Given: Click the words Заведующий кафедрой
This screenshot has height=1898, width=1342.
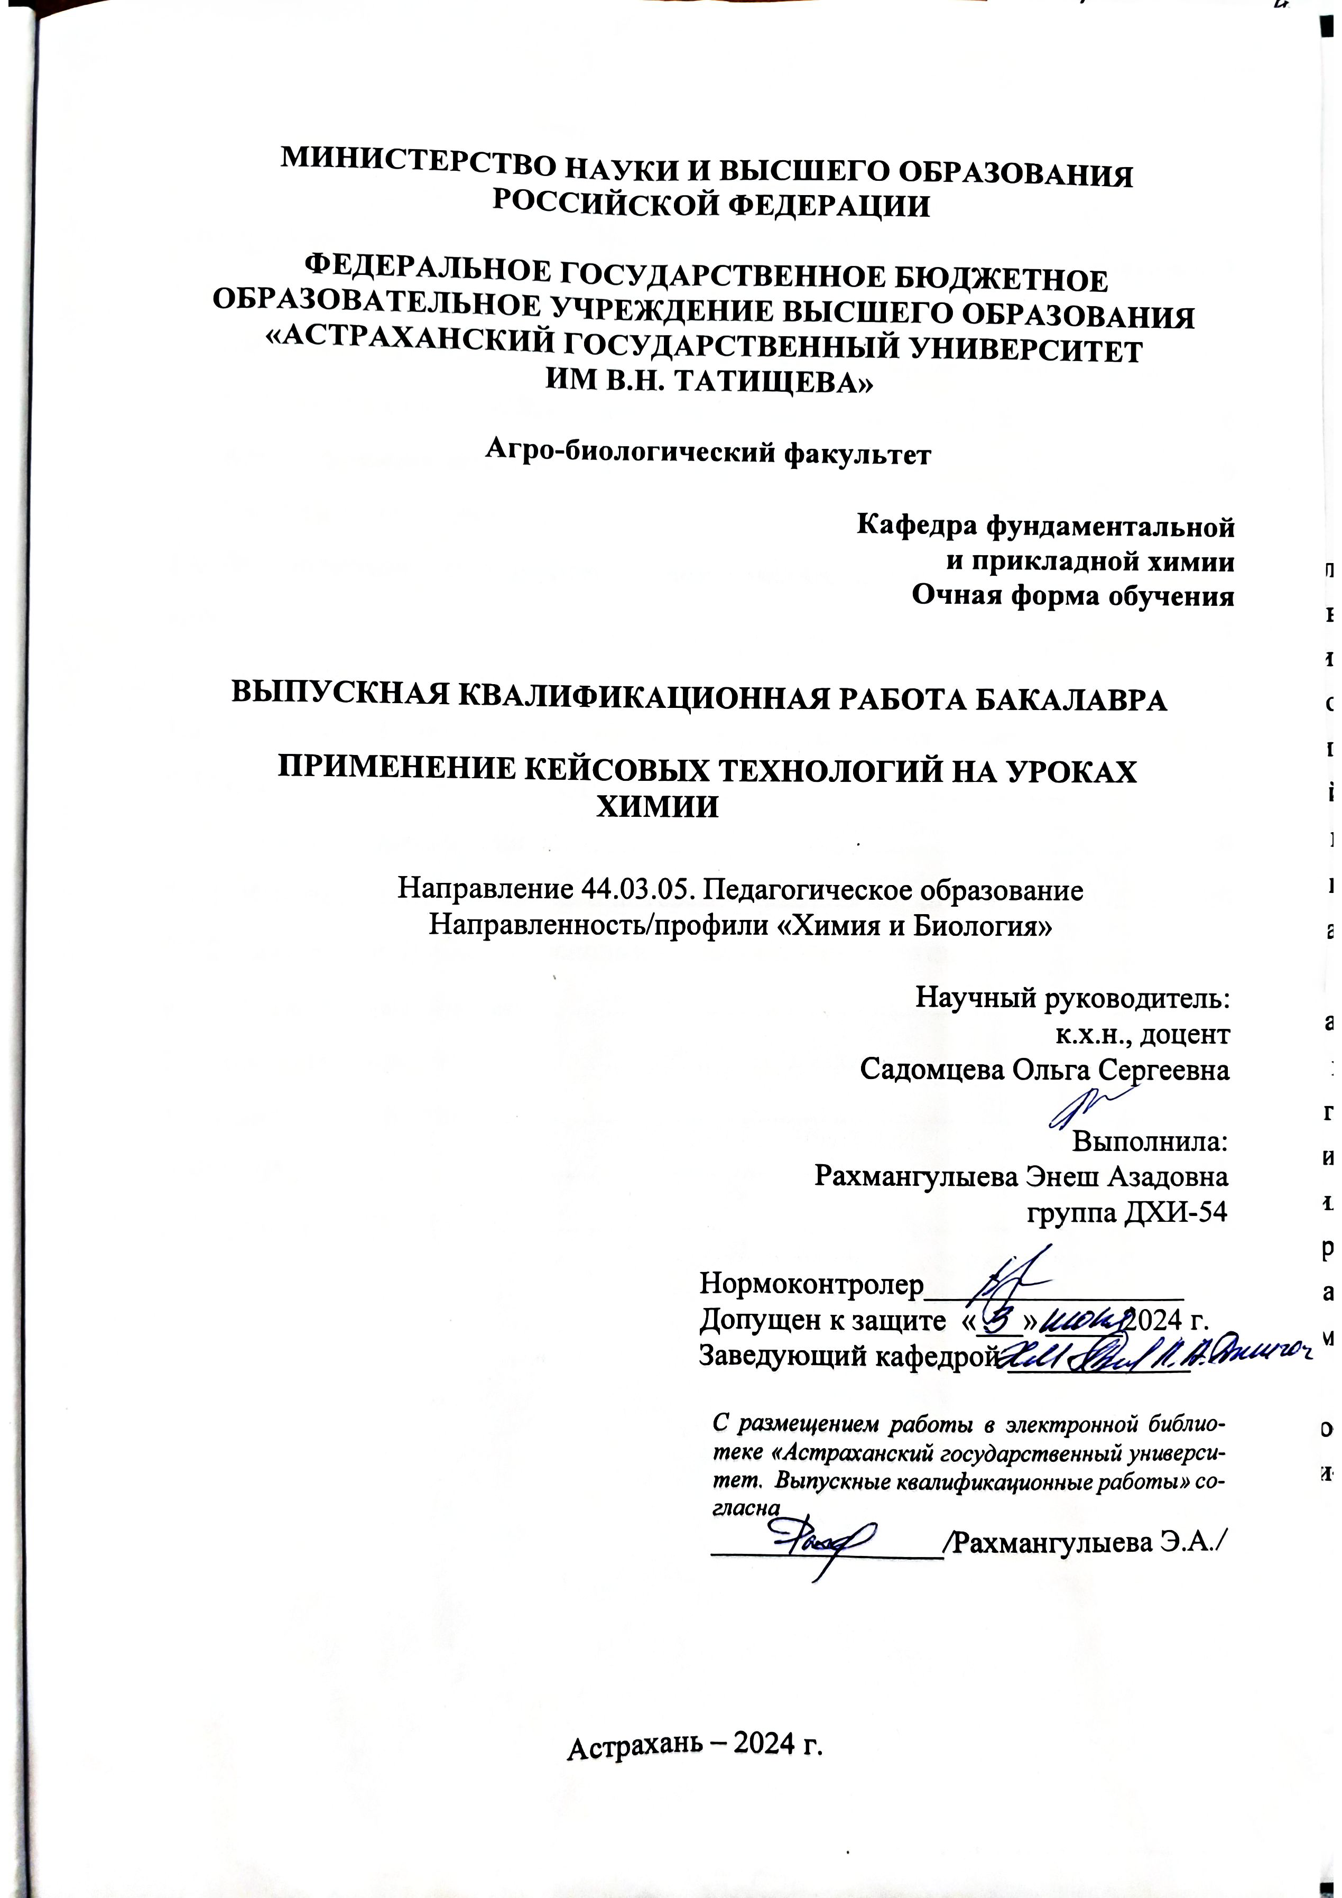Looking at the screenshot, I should [845, 1356].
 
